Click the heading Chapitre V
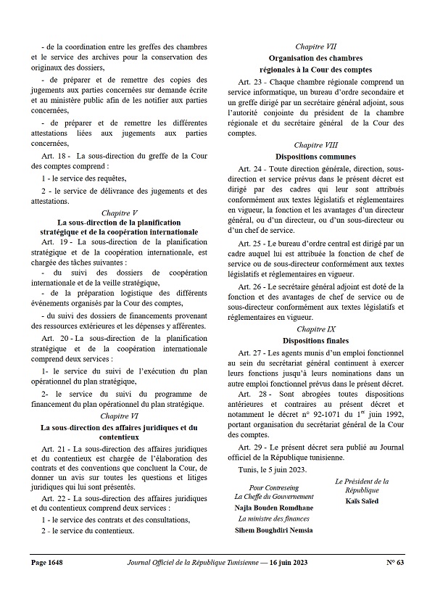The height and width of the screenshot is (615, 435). (119, 212)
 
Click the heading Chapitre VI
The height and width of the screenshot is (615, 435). (119, 416)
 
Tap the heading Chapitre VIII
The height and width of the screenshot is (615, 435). (314, 145)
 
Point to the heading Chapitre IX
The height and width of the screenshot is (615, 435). (314, 329)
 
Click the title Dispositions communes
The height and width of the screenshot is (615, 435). (314, 156)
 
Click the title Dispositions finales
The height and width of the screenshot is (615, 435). (314, 340)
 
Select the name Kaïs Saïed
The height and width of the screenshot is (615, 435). (361, 501)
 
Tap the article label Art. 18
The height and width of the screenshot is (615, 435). (55, 155)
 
